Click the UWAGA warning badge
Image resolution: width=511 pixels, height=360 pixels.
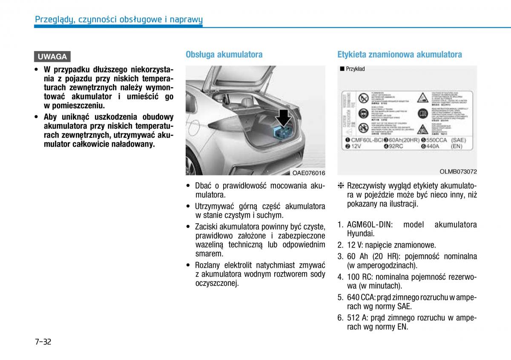coord(52,57)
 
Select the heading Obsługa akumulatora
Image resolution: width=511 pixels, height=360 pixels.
coord(224,55)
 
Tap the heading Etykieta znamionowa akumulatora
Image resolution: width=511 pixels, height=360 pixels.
coord(399,55)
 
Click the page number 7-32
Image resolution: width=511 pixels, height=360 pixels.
coord(43,341)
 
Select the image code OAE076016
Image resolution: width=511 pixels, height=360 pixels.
coord(309,173)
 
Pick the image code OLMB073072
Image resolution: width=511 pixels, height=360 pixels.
coord(458,172)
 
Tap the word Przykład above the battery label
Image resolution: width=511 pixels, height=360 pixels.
coord(355,69)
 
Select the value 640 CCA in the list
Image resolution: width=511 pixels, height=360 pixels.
coord(361,297)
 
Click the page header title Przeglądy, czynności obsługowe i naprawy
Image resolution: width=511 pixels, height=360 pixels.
coord(119,19)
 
